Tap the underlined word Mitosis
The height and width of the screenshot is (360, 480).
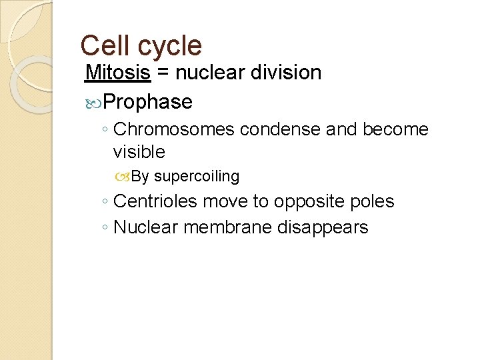click(119, 73)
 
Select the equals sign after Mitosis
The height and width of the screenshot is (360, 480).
click(163, 73)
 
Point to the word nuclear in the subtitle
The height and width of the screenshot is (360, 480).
click(208, 73)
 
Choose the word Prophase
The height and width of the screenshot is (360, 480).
click(148, 102)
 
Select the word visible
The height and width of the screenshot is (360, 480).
click(139, 152)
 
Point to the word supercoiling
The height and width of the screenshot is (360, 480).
click(196, 177)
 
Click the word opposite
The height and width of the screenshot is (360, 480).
click(311, 202)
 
